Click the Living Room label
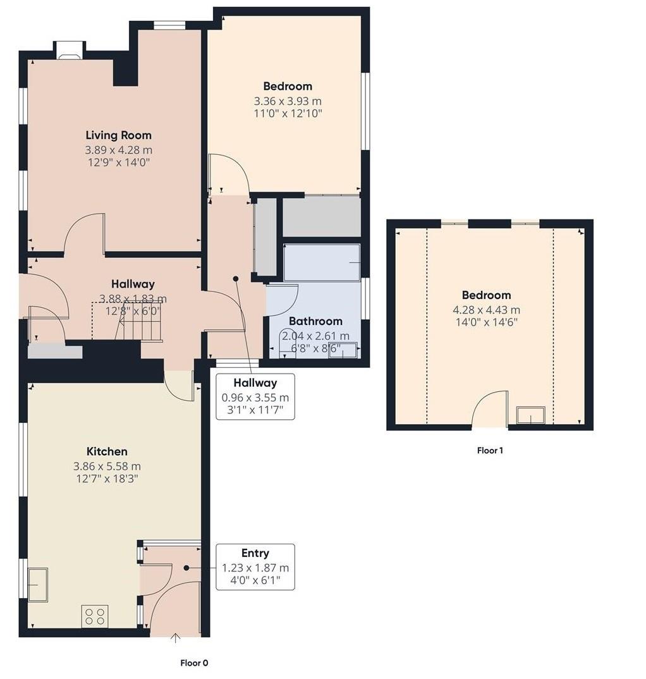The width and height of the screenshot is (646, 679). [118, 135]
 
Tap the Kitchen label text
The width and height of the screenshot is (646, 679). [107, 451]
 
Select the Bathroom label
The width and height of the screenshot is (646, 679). [315, 321]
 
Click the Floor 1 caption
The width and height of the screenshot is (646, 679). [490, 451]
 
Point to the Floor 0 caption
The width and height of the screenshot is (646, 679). [194, 663]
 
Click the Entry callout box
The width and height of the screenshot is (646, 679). [255, 567]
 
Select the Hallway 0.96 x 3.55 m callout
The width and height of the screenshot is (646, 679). [255, 396]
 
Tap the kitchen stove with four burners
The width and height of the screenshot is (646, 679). [94, 616]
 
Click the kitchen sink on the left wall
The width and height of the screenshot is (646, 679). [37, 584]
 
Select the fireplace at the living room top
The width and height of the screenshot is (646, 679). [70, 51]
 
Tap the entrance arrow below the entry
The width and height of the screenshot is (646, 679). [175, 638]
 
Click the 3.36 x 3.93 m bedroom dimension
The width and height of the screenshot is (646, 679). [288, 101]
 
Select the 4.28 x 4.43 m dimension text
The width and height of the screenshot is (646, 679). [485, 310]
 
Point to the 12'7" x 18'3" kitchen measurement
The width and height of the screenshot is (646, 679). [107, 479]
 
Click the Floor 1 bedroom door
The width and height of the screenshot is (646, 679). [491, 408]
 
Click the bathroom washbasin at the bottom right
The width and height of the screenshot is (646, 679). [343, 349]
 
